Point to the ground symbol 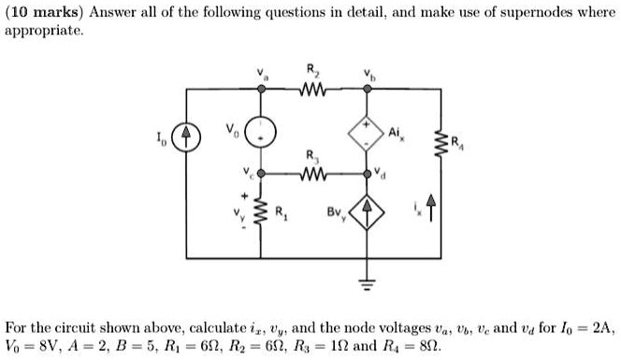366,283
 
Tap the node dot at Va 262,89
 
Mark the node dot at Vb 366,89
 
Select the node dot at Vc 262,174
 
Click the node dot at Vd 366,174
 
